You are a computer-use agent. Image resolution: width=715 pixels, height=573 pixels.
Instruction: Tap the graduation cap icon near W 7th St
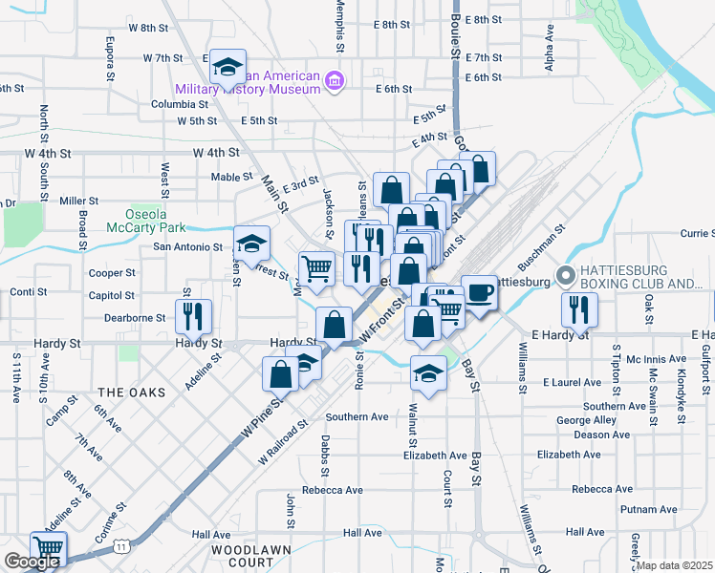[x=227, y=66]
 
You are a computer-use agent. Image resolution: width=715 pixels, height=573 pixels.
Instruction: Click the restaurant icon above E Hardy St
[x=579, y=308]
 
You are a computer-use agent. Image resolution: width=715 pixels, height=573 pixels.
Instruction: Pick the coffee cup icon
[x=479, y=292]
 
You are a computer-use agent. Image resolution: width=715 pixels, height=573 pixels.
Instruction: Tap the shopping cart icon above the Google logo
[x=47, y=548]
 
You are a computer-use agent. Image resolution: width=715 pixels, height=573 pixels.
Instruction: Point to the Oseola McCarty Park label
[x=155, y=222]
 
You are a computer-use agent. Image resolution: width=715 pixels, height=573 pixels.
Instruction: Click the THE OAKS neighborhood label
[x=131, y=393]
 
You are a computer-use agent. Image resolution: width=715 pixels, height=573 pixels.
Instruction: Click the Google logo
[x=32, y=562]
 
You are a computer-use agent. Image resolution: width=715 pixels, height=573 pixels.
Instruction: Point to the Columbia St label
[x=172, y=104]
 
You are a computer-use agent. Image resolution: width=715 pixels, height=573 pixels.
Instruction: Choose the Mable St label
[x=231, y=177]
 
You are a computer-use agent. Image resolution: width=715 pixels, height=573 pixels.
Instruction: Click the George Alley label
[x=586, y=420]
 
